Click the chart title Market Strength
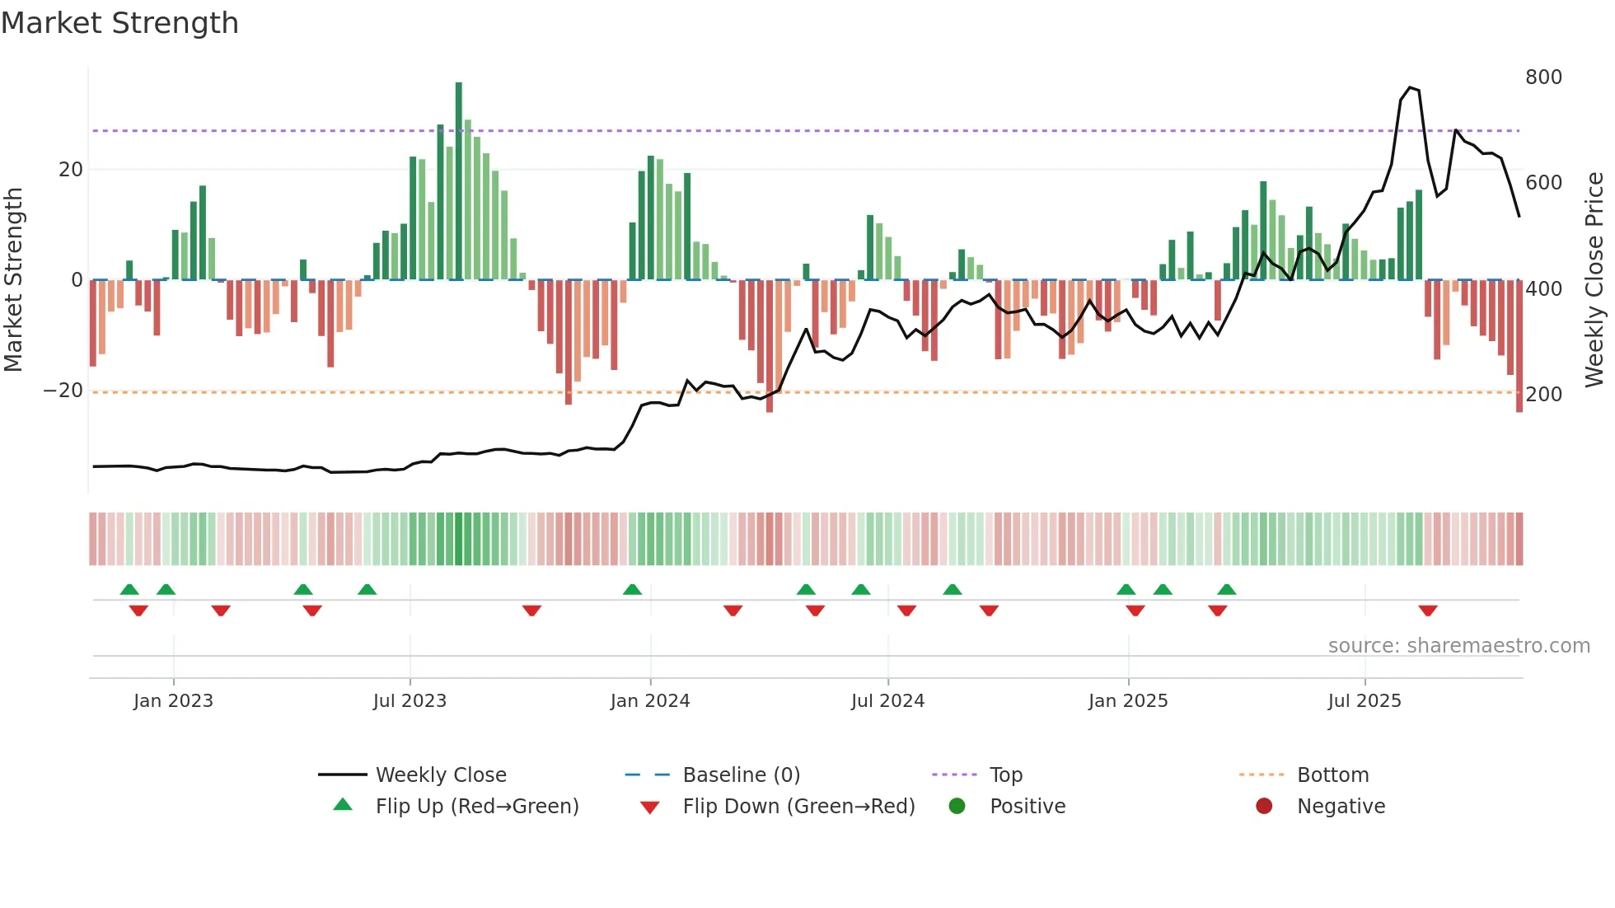[x=119, y=23]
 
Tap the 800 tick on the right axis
[x=1542, y=77]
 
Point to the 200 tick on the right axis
[x=1542, y=395]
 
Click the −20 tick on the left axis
[x=63, y=391]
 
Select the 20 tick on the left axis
[x=71, y=170]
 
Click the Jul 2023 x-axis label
[x=410, y=701]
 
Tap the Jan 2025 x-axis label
[x=1127, y=701]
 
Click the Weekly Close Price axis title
[x=1594, y=280]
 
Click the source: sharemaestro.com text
[x=1458, y=646]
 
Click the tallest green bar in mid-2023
[x=459, y=181]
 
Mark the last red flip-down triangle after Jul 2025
[x=1428, y=611]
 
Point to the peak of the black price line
[x=1410, y=87]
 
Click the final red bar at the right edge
[x=1519, y=346]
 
